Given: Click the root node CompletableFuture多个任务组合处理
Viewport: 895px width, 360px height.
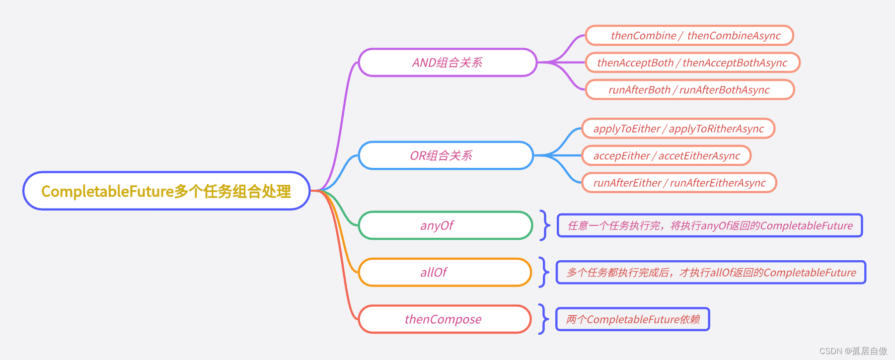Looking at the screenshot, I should coord(166,191).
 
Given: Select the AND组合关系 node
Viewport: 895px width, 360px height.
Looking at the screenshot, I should coord(447,63).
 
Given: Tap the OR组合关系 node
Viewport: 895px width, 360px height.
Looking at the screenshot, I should coord(446,155).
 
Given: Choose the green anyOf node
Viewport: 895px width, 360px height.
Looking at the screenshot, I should coord(446,225).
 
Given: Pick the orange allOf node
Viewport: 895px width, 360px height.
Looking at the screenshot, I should coord(445,272).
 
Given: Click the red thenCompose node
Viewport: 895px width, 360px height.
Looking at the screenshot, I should coord(445,319).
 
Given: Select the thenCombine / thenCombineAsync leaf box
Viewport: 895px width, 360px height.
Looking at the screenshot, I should coord(689,36).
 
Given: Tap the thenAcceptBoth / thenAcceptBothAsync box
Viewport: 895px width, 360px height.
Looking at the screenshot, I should coord(692,63).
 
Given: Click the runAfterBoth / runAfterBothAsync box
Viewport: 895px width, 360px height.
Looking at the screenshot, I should coord(690,90).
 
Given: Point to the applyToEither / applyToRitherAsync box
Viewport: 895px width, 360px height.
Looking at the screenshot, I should coord(678,129).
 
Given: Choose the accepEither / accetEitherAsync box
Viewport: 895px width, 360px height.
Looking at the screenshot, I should coord(666,156).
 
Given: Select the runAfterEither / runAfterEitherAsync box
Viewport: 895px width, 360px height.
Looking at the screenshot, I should coord(679,183).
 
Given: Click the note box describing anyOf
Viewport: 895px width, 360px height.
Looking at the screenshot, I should coord(710,225).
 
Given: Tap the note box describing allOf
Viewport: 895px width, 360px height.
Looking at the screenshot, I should coord(711,272).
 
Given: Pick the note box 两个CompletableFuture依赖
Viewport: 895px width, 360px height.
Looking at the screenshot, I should coord(632,319).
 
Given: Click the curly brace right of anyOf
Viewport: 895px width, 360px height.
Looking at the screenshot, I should coord(545,225).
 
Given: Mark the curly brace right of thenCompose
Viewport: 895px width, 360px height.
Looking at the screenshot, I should coord(544,319).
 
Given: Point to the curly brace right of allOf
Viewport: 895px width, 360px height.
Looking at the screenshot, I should coord(544,272).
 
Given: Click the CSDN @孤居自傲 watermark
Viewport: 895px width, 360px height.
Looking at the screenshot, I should coord(853,351).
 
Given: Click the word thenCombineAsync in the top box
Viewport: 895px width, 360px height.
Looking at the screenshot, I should coord(734,36).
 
